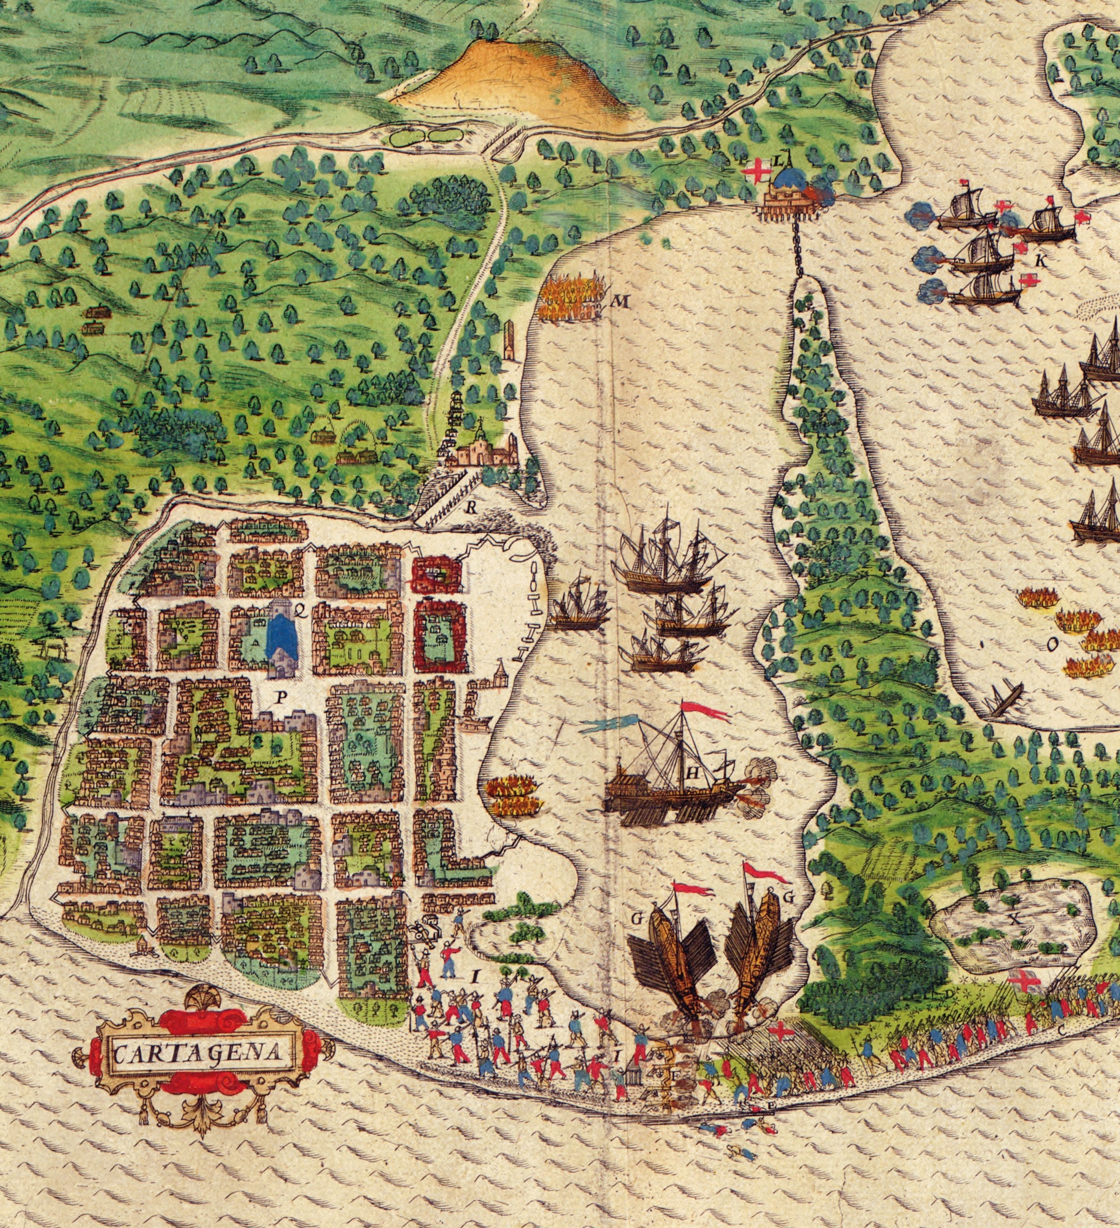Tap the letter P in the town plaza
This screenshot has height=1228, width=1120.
pyautogui.click(x=280, y=698)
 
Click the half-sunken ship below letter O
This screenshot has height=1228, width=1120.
pyautogui.click(x=1004, y=699)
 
